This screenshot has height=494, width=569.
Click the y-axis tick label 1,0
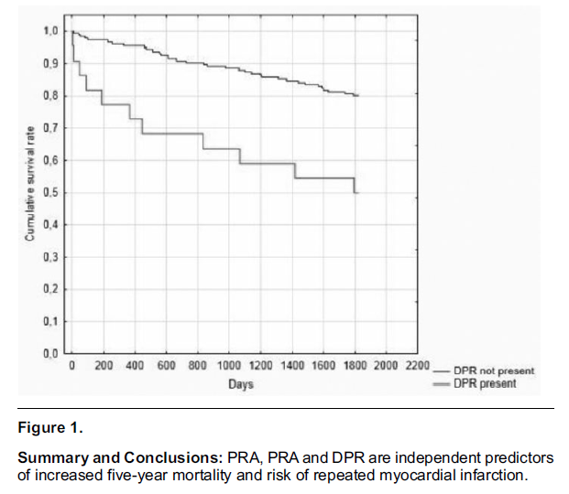coord(50,31)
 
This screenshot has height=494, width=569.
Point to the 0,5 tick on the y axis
coord(50,192)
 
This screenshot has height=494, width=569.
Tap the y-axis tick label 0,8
coord(50,95)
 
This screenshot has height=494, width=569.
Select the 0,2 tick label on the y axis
coord(50,289)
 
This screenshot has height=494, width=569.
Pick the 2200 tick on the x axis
coord(416,367)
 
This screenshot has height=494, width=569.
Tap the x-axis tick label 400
coord(134,367)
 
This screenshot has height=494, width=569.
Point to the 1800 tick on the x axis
coord(354,367)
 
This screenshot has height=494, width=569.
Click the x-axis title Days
coord(240,384)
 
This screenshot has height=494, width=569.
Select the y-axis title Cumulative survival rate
coord(30,192)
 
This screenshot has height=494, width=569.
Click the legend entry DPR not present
coord(494,370)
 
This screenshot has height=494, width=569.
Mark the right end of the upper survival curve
coord(357,95)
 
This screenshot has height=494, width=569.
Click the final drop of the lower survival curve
coord(354,186)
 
